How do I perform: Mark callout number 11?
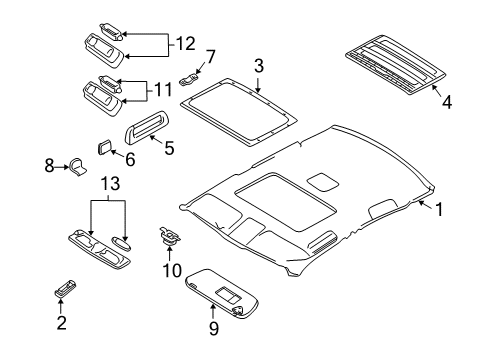click(x=160, y=90)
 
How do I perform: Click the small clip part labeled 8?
click(x=78, y=166)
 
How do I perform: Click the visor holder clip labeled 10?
click(x=168, y=239)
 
